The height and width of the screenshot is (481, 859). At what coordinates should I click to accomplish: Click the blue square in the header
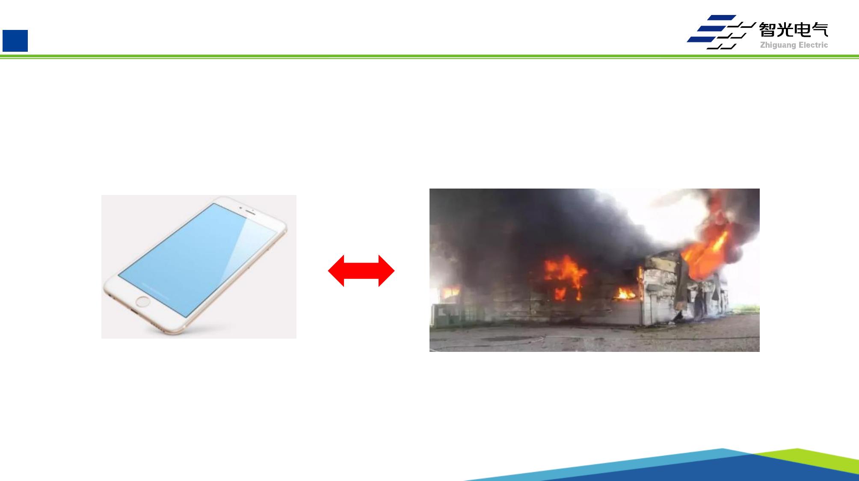point(15,41)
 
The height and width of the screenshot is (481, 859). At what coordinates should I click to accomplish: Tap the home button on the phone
point(142,302)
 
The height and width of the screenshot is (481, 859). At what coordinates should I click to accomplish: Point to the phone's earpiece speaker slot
point(250,212)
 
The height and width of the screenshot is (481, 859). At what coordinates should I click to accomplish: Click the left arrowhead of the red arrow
point(336,271)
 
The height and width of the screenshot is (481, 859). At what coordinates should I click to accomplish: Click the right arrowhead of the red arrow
point(386,271)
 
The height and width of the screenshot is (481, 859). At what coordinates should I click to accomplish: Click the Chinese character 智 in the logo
point(767,30)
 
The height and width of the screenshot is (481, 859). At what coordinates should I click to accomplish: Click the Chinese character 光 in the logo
point(785,30)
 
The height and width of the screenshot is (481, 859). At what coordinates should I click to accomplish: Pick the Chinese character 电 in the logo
point(803,30)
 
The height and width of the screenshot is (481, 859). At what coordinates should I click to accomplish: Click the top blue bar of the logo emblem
point(722,18)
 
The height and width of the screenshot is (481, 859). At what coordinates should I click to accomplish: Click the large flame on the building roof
point(706,252)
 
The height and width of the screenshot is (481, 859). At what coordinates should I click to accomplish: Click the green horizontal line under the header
point(429,56)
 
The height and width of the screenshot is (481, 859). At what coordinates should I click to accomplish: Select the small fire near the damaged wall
point(625,293)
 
